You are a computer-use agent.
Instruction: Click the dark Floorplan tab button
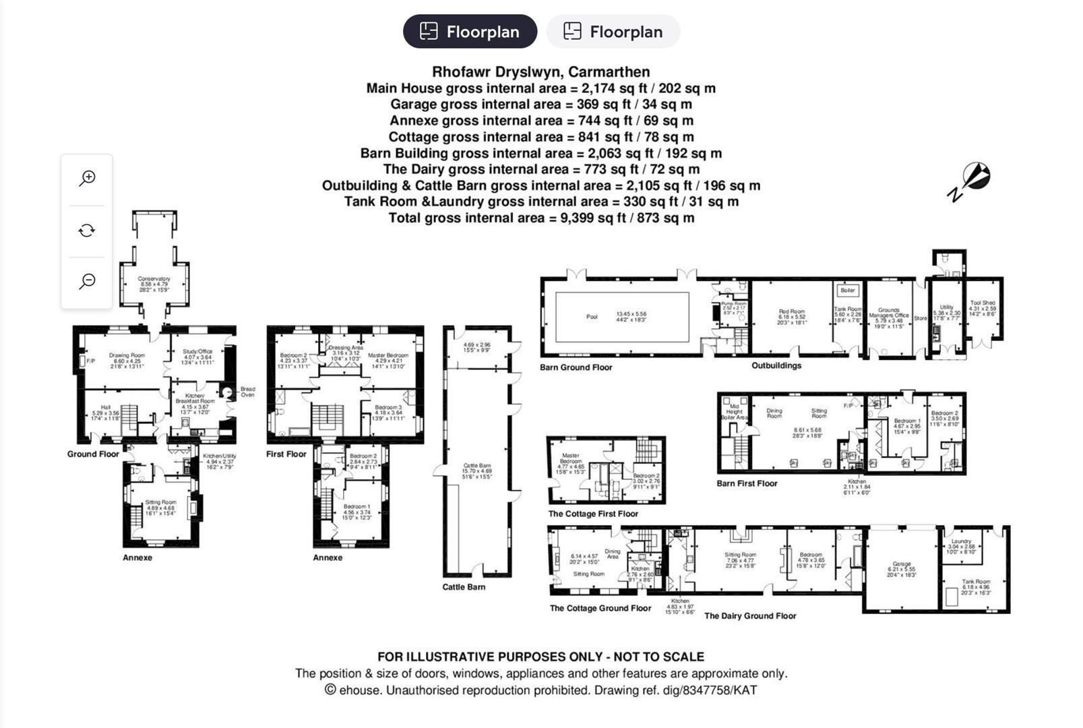470,32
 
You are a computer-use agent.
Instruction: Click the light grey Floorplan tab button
613,32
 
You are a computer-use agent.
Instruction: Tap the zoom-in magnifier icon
87,179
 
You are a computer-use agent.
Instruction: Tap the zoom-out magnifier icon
87,281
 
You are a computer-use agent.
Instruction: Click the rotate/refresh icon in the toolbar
87,231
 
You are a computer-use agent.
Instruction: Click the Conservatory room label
154,278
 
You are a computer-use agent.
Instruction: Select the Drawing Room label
127,355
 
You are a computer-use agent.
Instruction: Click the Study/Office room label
197,351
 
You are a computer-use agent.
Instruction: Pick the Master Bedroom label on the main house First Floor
388,355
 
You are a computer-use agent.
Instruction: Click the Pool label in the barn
592,317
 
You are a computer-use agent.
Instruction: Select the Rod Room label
792,312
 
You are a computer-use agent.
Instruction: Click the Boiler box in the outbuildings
848,291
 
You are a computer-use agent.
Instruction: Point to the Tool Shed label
983,303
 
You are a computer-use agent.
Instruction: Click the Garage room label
902,564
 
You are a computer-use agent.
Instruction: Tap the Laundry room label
961,541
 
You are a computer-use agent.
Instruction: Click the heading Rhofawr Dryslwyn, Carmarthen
540,72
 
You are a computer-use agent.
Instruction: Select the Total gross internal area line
540,218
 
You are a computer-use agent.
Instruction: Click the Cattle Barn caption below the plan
464,587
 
